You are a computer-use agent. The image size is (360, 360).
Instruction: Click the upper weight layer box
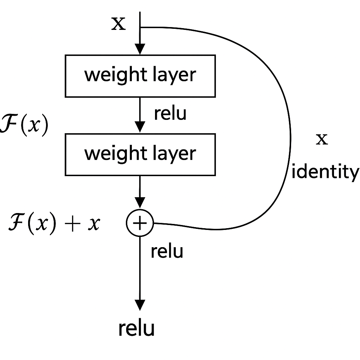click(140, 76)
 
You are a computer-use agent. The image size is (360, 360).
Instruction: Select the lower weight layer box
click(140, 154)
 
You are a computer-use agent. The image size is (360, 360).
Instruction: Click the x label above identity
click(322, 140)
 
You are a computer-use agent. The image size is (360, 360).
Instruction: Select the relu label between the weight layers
click(170, 114)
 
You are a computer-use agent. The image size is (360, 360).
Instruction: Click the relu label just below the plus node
click(167, 251)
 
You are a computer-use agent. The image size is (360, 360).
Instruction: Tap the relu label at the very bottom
click(136, 328)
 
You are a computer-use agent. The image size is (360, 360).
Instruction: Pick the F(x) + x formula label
click(54, 224)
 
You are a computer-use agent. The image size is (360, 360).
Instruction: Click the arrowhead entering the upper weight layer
click(140, 50)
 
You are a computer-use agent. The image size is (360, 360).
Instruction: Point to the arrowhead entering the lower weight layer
click(140, 127)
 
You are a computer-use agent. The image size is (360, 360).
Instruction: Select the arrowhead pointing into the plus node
click(140, 203)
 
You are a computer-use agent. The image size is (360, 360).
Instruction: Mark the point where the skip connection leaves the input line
click(140, 27)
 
